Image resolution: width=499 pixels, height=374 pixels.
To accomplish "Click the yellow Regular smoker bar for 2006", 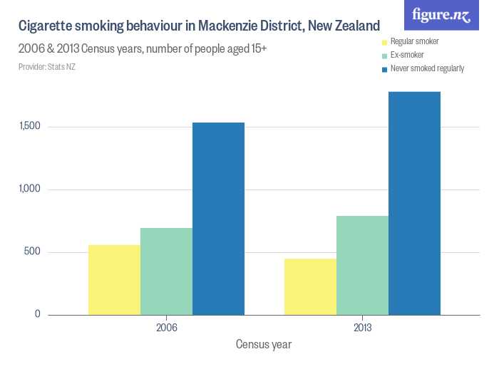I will (114, 280).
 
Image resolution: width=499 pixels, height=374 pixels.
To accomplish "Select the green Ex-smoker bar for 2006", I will (166, 271).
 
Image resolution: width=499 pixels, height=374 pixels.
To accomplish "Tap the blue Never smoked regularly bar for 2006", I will (218, 219).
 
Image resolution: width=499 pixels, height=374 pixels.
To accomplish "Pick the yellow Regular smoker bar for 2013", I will (310, 286).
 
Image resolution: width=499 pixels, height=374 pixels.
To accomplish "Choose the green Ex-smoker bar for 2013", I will (362, 265).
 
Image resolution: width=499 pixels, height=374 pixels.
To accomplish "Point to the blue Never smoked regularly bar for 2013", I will (414, 203).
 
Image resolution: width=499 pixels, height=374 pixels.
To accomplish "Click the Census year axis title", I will (264, 345).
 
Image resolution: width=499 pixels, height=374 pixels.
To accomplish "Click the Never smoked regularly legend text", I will (427, 69).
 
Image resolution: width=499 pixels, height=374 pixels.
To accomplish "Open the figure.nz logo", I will (441, 15).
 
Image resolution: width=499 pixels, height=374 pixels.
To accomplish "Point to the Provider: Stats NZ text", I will (47, 67).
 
